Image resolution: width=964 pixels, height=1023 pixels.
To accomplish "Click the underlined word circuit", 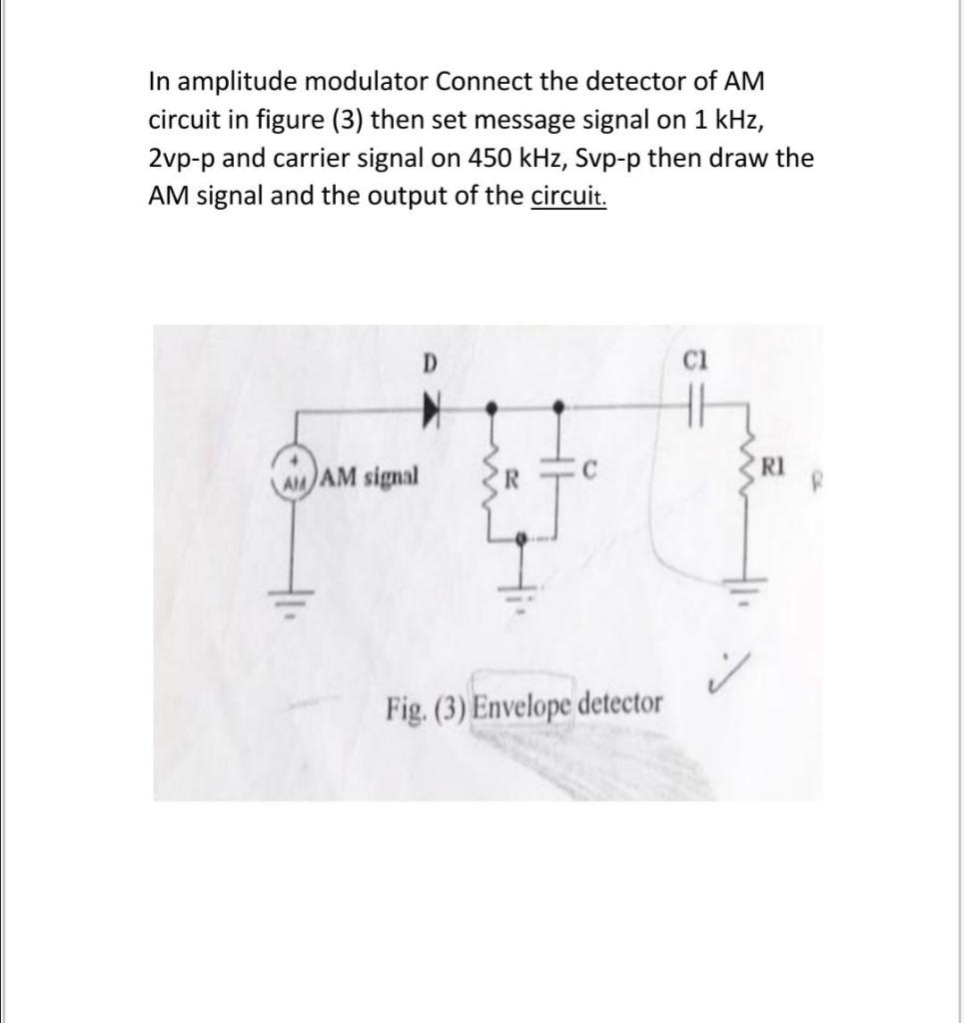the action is (x=567, y=197).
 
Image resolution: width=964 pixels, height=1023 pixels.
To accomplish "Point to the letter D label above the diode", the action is (x=431, y=362).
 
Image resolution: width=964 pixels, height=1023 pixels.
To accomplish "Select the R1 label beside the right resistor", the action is (x=772, y=465).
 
